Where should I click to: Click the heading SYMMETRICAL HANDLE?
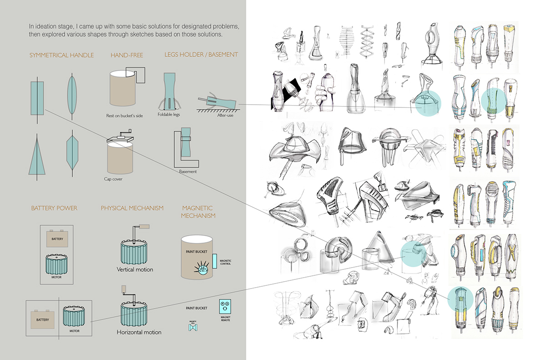click(x=61, y=55)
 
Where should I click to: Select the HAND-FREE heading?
click(x=126, y=55)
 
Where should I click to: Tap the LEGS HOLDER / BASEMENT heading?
click(x=201, y=55)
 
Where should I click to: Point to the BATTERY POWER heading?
click(x=54, y=208)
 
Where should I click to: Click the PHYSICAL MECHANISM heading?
click(x=132, y=208)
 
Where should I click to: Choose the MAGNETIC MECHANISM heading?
click(x=198, y=212)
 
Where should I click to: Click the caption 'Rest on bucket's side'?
click(x=124, y=116)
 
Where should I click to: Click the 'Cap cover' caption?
click(x=113, y=179)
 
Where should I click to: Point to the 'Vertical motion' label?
click(x=135, y=269)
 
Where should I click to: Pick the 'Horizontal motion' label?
click(x=139, y=332)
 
